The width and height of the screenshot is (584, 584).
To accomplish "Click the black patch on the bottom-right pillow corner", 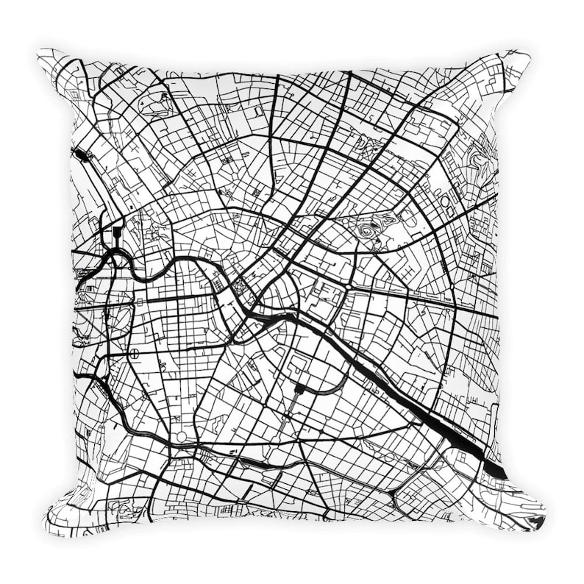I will (x=535, y=521).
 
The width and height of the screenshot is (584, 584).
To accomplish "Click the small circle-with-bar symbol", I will (x=135, y=355).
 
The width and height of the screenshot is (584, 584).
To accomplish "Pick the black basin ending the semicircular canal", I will (x=300, y=388).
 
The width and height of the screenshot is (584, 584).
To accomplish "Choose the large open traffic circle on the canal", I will (x=181, y=436).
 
